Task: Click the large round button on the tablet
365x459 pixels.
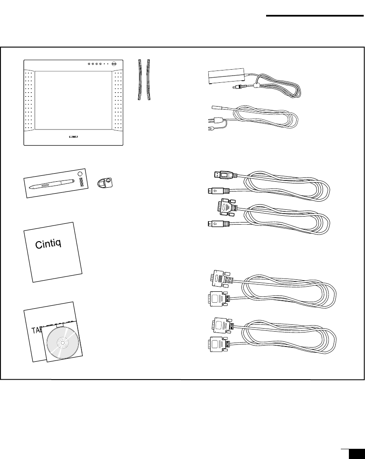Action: click(115, 64)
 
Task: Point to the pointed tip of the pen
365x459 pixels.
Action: click(31, 188)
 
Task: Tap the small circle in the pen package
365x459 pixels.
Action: click(79, 174)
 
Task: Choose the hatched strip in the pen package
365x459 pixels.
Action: click(80, 183)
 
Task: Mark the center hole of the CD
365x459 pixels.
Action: click(62, 342)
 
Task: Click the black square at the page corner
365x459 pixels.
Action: click(356, 454)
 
